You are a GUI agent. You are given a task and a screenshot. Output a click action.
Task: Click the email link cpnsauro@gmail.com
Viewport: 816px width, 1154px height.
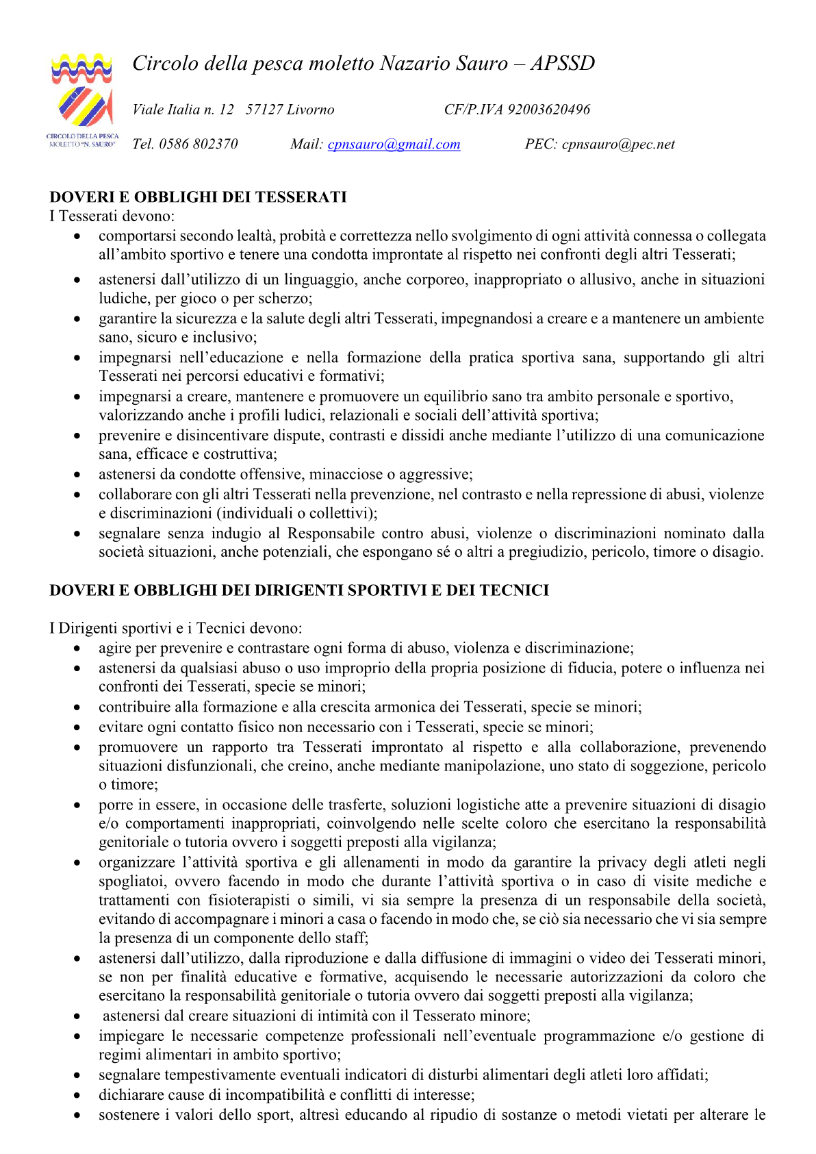tap(394, 145)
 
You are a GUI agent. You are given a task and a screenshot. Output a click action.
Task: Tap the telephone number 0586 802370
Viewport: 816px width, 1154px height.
tap(199, 145)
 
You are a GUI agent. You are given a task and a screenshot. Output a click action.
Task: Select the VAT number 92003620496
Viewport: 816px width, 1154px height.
tap(548, 110)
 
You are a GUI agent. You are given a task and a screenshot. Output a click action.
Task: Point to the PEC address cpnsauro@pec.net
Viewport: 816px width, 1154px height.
tap(618, 145)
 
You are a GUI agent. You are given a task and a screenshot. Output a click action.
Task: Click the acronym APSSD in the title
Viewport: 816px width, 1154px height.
tap(562, 64)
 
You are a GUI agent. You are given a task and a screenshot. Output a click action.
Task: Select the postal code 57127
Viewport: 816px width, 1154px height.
tap(264, 110)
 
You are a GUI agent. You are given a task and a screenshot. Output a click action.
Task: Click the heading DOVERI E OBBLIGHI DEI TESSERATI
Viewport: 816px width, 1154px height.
tap(198, 197)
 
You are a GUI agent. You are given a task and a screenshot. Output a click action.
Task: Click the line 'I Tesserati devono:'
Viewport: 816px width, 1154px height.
tap(112, 216)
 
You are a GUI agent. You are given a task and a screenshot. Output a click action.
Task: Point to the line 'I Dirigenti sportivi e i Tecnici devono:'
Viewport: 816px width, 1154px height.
tap(176, 628)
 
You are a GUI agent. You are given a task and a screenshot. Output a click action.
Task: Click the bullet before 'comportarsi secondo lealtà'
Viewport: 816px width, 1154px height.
tap(78, 237)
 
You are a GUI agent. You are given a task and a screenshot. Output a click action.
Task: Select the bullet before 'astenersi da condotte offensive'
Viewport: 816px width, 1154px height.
tap(78, 475)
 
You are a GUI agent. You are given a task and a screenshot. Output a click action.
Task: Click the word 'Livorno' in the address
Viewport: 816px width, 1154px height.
tap(311, 110)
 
